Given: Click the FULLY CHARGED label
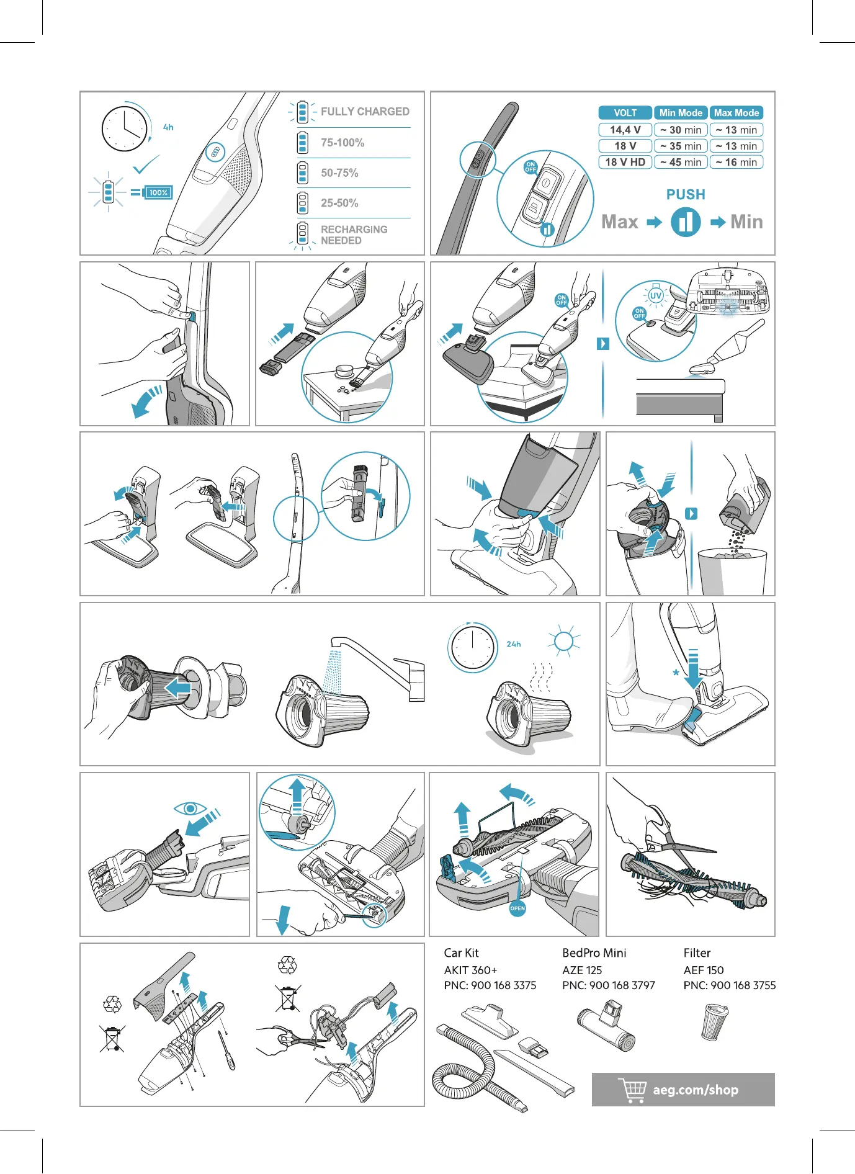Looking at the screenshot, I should pyautogui.click(x=364, y=112).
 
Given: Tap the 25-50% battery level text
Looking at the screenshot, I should pyautogui.click(x=339, y=203).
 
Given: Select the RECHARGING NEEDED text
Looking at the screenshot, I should pyautogui.click(x=354, y=235).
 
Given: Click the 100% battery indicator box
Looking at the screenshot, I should pyautogui.click(x=158, y=192).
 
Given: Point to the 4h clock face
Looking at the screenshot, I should pyautogui.click(x=125, y=129).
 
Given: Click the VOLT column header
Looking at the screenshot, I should pyautogui.click(x=625, y=113).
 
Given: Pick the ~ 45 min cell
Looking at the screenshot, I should pyautogui.click(x=681, y=162).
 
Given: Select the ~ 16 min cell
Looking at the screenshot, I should pyautogui.click(x=736, y=162).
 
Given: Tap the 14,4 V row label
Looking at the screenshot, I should pyautogui.click(x=625, y=130).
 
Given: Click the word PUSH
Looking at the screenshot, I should pyautogui.click(x=686, y=194).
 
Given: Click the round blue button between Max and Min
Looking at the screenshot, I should pyautogui.click(x=686, y=222).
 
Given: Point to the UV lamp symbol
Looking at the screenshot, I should pyautogui.click(x=656, y=295).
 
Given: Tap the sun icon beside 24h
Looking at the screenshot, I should pyautogui.click(x=563, y=641).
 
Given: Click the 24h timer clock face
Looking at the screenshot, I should pyautogui.click(x=472, y=647).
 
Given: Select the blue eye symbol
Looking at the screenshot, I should pyautogui.click(x=190, y=808).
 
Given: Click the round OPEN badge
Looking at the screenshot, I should pyautogui.click(x=517, y=908).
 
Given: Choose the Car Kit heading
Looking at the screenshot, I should pyautogui.click(x=461, y=952).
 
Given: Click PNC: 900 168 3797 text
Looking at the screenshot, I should pyautogui.click(x=608, y=985).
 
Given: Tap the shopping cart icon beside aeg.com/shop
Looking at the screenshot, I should pyautogui.click(x=632, y=1090).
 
